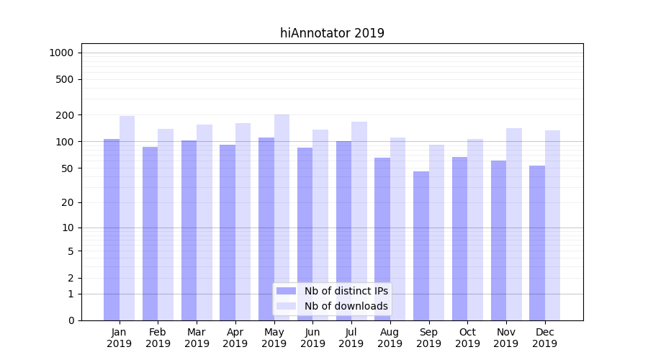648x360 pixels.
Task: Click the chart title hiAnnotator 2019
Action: coord(332,33)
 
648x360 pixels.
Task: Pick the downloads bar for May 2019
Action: coord(282,217)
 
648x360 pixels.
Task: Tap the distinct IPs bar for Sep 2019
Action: coord(421,246)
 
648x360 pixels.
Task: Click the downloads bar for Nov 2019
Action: coord(514,224)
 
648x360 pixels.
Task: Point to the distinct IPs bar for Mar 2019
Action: coord(189,230)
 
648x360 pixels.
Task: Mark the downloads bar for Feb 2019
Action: coord(166,224)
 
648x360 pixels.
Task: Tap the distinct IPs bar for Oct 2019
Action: coord(460,238)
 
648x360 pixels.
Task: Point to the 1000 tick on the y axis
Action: coord(61,53)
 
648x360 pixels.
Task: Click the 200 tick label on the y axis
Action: coord(65,115)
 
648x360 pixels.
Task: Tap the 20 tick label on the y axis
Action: coord(68,202)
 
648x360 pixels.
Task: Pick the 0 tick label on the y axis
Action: coord(71,320)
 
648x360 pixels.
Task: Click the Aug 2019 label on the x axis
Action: coord(390,338)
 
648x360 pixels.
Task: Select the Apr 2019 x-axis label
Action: coord(235,338)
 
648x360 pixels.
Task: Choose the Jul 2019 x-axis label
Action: coord(351,338)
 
